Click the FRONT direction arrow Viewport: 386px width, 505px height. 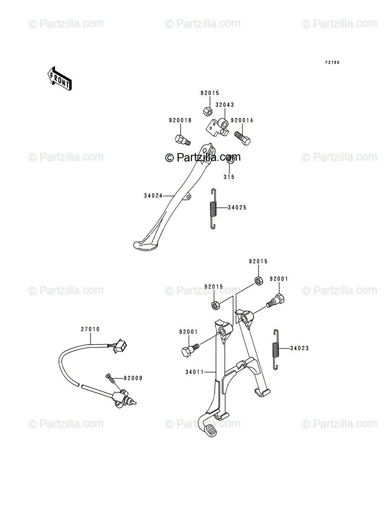point(60,79)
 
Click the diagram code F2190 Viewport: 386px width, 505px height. point(332,62)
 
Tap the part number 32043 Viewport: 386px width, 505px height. point(224,105)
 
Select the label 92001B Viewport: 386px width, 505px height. point(180,120)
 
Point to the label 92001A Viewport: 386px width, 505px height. point(242,120)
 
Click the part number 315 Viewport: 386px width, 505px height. point(229,177)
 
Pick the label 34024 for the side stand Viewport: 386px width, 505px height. point(153,196)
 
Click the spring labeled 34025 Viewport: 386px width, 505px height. point(214,209)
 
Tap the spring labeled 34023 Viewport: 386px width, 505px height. point(276,349)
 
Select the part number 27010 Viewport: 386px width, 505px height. point(91,329)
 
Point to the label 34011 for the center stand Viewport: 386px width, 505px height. point(194,372)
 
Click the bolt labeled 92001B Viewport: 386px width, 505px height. point(183,140)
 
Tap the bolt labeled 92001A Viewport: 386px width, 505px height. point(242,138)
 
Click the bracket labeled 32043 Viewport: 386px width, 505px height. point(217,128)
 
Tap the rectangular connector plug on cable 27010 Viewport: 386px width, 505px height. point(120,346)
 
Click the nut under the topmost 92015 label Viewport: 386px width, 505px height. point(208,112)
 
